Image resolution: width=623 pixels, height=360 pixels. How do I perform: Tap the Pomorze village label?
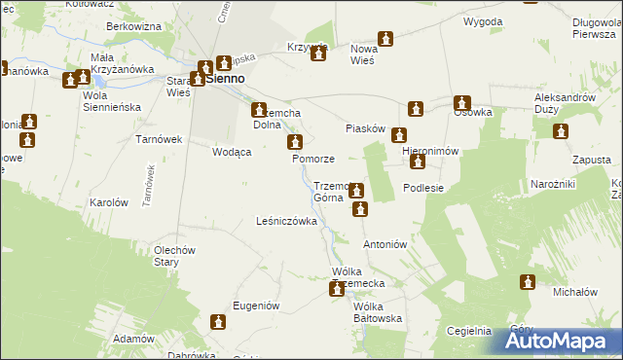[x=313, y=159]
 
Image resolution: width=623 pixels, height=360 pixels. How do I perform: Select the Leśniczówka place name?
[x=286, y=222]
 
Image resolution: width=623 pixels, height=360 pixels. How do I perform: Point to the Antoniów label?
[x=384, y=244]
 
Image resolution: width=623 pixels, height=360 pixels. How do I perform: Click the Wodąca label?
[x=233, y=153]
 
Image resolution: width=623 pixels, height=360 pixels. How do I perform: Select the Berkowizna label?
[x=133, y=27]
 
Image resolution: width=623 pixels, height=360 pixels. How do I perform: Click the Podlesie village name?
[x=423, y=188]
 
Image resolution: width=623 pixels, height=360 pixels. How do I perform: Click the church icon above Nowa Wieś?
[x=386, y=39]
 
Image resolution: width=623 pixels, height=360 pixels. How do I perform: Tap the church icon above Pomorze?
[x=293, y=143]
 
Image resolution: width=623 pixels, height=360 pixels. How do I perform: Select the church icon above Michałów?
[x=528, y=282]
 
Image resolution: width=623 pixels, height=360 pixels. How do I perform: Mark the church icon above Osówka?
[x=461, y=102]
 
